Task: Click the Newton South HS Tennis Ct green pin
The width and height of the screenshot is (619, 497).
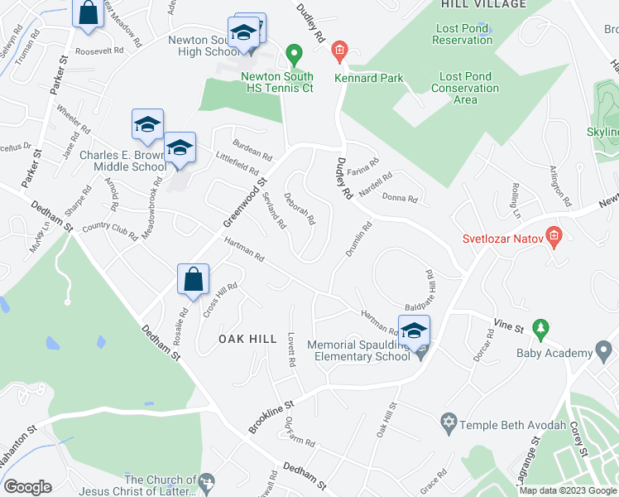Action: (x=292, y=55)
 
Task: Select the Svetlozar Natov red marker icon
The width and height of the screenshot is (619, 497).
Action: (x=554, y=237)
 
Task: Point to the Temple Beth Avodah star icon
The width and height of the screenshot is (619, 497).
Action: (x=449, y=422)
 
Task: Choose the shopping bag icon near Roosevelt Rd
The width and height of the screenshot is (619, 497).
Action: (x=87, y=12)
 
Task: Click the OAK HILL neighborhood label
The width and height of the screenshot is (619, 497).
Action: (x=247, y=339)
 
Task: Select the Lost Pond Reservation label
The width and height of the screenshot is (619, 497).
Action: (x=462, y=34)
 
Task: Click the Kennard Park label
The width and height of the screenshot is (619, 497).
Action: (x=369, y=79)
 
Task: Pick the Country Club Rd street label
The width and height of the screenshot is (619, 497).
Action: (x=109, y=231)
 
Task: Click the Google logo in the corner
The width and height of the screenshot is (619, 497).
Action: (x=26, y=486)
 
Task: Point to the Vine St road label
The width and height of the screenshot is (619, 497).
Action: (x=511, y=329)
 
